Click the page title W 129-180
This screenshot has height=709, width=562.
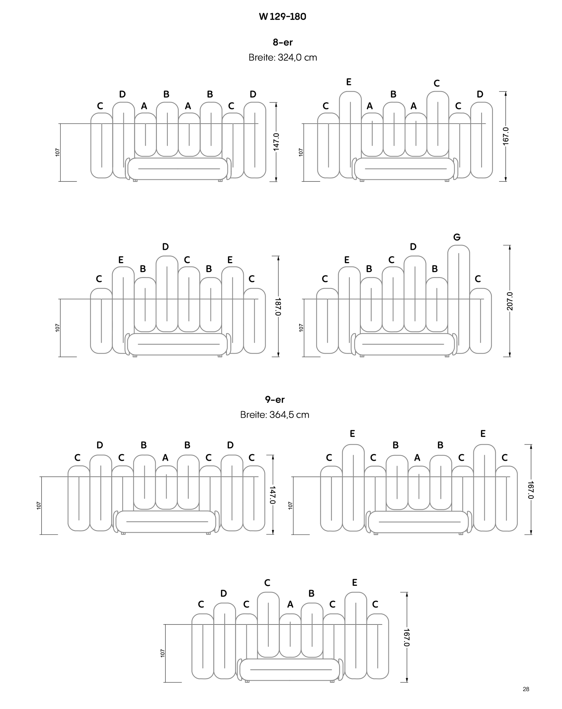(282, 17)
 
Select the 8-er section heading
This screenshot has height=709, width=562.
(283, 42)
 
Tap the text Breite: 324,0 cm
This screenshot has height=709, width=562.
(283, 57)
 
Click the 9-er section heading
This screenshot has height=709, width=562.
(275, 399)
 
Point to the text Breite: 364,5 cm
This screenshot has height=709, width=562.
(275, 415)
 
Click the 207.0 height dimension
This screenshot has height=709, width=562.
(510, 301)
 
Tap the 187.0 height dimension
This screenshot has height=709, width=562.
(278, 306)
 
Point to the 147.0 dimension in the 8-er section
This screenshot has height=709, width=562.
(276, 142)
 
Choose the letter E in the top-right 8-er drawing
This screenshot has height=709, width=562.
(349, 82)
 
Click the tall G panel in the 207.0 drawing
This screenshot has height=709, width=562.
(459, 299)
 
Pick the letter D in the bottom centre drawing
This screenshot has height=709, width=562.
(224, 593)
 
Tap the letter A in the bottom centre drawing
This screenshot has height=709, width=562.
(290, 604)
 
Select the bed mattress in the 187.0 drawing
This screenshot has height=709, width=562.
(177, 344)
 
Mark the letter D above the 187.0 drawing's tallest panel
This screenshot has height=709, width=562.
(165, 246)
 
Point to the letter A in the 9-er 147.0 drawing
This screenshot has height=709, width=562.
(165, 458)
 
